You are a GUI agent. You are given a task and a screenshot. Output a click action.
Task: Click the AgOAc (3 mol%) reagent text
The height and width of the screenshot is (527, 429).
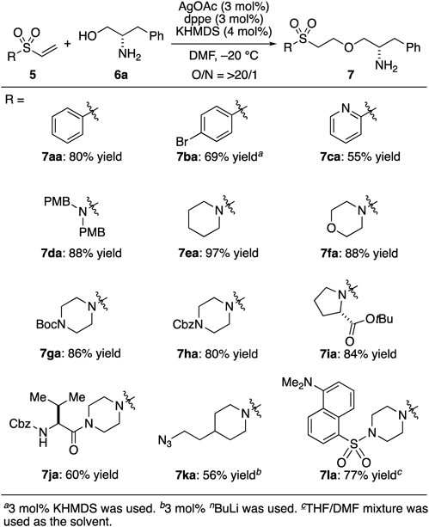[223, 6]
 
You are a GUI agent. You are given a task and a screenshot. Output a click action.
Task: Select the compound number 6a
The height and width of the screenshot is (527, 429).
[120, 75]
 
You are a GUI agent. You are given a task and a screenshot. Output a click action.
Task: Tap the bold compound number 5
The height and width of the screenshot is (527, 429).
[33, 75]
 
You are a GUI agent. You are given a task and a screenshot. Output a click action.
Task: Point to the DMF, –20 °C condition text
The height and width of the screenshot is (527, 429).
[224, 54]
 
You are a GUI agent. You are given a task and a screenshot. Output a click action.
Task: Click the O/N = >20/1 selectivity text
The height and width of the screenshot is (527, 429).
[224, 75]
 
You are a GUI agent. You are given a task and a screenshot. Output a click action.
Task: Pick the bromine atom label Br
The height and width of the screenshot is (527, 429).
[182, 142]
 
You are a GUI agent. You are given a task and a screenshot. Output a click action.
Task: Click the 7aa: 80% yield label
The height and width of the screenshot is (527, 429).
[82, 156]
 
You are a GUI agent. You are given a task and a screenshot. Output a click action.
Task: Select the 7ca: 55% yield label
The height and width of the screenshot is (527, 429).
[360, 156]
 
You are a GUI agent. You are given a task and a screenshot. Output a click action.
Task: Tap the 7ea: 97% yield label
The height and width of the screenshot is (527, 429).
[218, 253]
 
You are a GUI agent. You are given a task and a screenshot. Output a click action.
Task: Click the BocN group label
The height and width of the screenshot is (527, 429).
[51, 324]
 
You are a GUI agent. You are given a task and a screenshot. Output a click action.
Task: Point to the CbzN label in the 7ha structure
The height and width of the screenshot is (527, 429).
[188, 324]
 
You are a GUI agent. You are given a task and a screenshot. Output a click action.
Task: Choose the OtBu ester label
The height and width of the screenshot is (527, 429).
[379, 319]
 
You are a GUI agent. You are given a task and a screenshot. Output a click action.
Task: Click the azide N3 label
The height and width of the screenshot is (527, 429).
[165, 441]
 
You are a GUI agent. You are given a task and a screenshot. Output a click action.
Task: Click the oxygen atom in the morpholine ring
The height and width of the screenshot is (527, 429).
[332, 229]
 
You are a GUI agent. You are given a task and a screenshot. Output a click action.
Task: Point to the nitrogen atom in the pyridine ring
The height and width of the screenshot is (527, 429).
[346, 108]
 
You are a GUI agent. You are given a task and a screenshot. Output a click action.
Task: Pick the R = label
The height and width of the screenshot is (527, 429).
[15, 100]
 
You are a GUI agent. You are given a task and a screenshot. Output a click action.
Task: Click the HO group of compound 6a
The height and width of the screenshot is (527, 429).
[88, 35]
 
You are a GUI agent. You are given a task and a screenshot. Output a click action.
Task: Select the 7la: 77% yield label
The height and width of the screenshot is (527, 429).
[361, 475]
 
